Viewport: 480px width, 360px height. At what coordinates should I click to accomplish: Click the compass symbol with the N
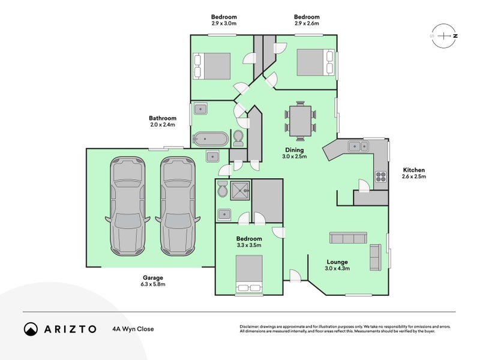pos(443,36)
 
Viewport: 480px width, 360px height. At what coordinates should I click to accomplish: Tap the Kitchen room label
pos(414,170)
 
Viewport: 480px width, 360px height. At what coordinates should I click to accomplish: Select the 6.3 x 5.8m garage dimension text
pos(153,284)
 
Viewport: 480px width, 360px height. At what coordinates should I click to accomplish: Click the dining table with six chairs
pos(301,121)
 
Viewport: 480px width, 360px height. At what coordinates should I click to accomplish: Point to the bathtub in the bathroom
pos(212,139)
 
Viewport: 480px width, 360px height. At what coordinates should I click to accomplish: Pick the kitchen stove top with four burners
pos(381,176)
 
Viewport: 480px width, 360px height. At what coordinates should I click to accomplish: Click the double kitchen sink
pos(358,146)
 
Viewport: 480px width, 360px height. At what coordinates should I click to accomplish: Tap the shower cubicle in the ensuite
pos(241,190)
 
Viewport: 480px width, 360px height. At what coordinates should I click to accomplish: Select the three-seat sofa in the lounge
pos(348,238)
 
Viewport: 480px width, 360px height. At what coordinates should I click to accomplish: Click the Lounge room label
pos(337,262)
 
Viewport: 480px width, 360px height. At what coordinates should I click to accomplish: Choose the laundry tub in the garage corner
pos(212,157)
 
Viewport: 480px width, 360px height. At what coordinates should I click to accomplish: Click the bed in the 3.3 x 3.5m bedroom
pos(249,274)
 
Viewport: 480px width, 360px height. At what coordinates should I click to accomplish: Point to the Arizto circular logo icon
pos(31,329)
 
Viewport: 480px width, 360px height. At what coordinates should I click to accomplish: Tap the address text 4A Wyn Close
pos(133,329)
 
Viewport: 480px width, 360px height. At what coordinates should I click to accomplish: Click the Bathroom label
pos(163,118)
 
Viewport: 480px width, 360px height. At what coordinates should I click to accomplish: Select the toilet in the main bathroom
pos(238,138)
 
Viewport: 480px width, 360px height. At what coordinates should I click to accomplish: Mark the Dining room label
pos(294,150)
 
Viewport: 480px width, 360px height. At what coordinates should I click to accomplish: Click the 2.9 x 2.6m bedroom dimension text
pos(307,23)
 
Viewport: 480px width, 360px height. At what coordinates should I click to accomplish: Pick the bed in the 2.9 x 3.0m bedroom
pos(212,66)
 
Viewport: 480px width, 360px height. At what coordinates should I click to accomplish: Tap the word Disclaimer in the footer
pos(250,326)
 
